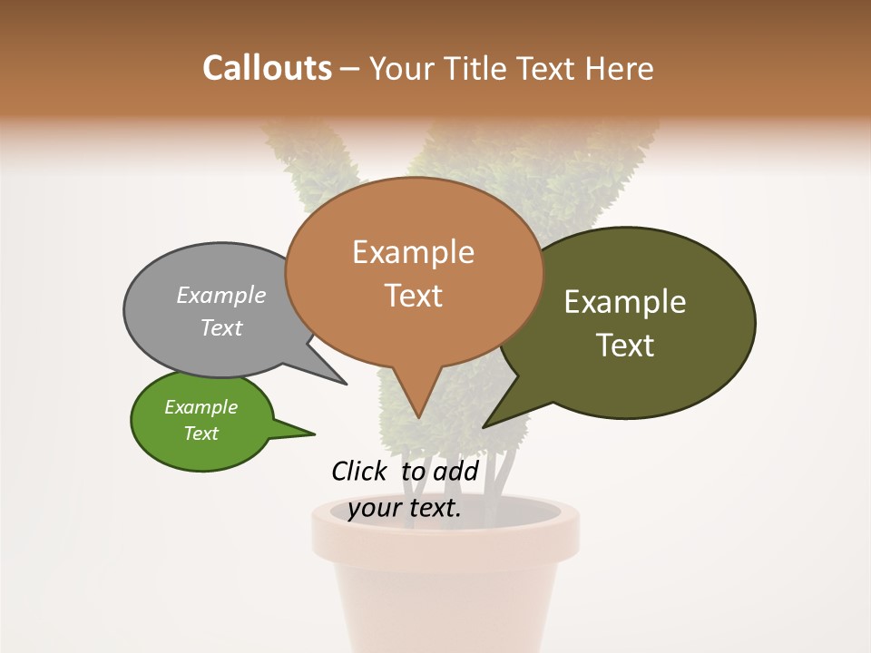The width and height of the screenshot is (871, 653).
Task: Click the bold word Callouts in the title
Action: pyautogui.click(x=267, y=68)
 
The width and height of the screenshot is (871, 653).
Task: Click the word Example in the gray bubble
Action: pyautogui.click(x=221, y=295)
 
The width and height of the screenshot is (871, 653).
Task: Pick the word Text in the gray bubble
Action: pyautogui.click(x=221, y=327)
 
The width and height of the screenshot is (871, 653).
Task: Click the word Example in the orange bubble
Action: pyautogui.click(x=413, y=252)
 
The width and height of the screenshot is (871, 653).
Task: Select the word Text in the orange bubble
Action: pyautogui.click(x=414, y=296)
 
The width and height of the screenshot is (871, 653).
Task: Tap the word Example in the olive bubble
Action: pyautogui.click(x=625, y=302)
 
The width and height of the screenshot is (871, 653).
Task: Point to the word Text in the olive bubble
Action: pyautogui.click(x=625, y=346)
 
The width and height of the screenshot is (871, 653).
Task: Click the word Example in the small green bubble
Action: pyautogui.click(x=201, y=407)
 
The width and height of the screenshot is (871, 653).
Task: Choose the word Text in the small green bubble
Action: pyautogui.click(x=201, y=434)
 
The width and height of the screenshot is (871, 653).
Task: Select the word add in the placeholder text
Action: pyautogui.click(x=455, y=471)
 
